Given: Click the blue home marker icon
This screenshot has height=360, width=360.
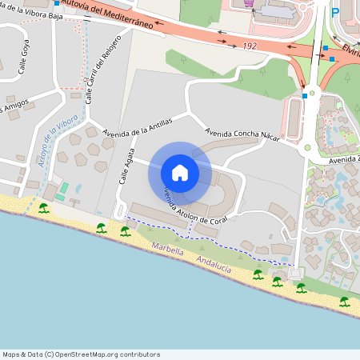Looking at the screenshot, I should click(180, 172).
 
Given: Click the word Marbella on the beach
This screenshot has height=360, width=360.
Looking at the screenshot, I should click(169, 250).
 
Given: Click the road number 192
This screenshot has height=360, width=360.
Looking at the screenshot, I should click(249, 46).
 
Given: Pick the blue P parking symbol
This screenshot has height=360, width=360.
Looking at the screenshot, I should click(335, 12).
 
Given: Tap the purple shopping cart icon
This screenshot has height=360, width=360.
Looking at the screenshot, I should click(250, 4).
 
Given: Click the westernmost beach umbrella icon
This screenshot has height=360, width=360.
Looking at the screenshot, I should click(43, 208).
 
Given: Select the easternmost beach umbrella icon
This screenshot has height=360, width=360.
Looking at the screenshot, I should click(344, 301).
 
